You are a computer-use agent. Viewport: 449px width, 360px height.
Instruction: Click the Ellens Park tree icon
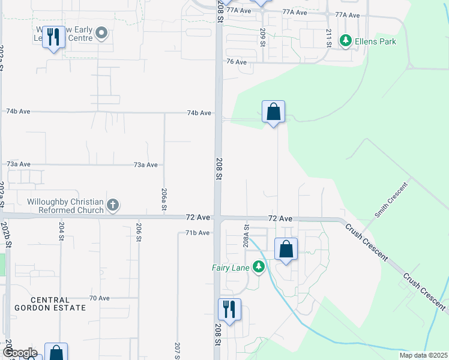coord(345,40)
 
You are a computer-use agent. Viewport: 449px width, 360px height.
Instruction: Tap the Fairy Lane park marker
coord(259,266)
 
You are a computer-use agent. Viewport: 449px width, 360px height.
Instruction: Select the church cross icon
coord(112,206)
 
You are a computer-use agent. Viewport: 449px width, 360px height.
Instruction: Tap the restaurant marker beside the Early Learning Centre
coord(53,38)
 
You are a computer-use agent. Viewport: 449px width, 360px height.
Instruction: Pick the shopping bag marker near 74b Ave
coord(273,112)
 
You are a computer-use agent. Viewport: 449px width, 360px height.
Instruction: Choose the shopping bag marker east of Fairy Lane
coord(286,249)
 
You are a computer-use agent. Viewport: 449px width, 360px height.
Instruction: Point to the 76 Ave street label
coord(237,62)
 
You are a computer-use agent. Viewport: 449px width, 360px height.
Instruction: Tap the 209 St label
coord(263,37)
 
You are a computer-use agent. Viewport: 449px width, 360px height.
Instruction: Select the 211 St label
coord(329,37)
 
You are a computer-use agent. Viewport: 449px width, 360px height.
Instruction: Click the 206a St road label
coord(164,199)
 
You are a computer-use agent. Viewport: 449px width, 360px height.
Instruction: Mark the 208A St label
coord(246,235)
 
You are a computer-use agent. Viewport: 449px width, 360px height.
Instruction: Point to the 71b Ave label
coord(197,233)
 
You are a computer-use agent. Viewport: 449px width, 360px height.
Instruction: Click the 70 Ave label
coord(99,298)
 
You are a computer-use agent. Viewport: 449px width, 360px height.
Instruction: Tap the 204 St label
coord(61,231)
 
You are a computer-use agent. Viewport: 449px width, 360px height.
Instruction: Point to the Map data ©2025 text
coord(423,355)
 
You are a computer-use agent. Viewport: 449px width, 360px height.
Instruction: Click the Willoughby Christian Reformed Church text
coord(65,205)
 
